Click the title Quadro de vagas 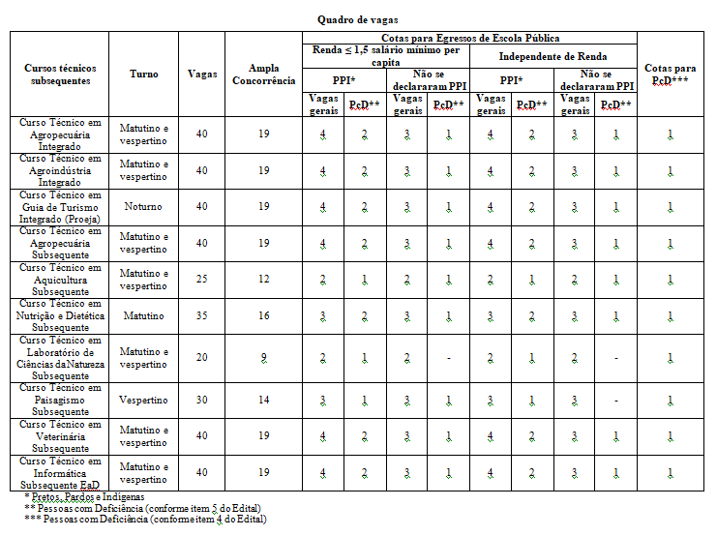(357, 19)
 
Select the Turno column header (144, 74)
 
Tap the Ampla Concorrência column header (263, 74)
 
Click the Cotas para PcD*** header (671, 74)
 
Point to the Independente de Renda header (553, 57)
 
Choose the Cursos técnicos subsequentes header (60, 74)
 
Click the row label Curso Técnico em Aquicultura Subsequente (60, 280)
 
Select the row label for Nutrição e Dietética (60, 316)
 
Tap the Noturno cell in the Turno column (144, 207)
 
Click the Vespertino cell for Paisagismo (144, 400)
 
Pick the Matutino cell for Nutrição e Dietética (144, 316)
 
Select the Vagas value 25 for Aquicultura (202, 280)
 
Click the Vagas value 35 (202, 316)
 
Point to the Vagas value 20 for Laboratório (202, 358)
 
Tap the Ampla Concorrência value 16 (263, 316)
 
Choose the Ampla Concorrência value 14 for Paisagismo (263, 400)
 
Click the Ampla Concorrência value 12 (263, 280)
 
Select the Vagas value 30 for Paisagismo (202, 400)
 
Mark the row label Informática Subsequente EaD (60, 473)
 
